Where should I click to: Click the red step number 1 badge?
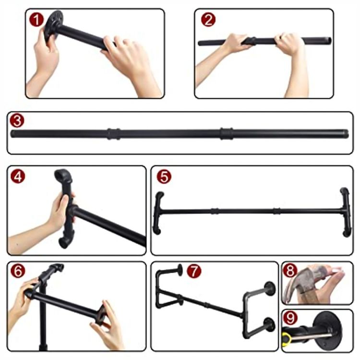[x=36, y=20]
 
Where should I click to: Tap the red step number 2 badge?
[x=208, y=20]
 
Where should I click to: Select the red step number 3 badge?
[x=17, y=120]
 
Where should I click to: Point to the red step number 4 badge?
[x=18, y=176]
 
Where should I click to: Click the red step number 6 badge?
[x=18, y=270]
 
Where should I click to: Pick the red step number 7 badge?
[x=194, y=271]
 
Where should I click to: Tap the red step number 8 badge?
[x=290, y=270]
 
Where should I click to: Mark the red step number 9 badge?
[x=290, y=318]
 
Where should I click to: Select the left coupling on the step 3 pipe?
[x=113, y=134]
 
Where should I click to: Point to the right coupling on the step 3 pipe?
[x=227, y=133]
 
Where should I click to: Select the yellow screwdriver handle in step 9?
[x=287, y=337]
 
